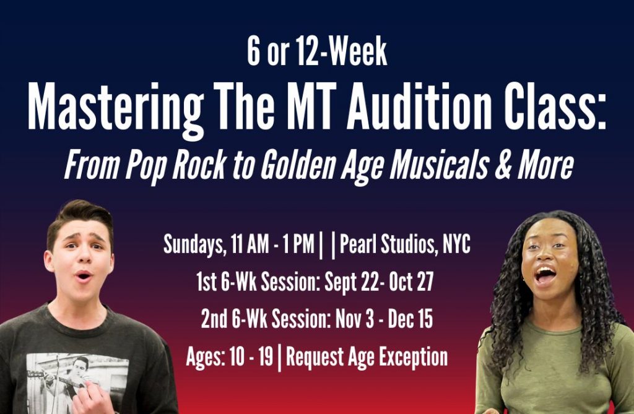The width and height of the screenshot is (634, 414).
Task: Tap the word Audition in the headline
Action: [x=419, y=106]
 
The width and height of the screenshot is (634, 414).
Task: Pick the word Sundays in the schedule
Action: [x=193, y=244]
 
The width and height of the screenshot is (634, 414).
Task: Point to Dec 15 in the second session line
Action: [x=410, y=319]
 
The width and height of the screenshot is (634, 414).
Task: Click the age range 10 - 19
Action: [x=251, y=357]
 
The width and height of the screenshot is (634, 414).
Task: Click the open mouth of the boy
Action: [x=84, y=277]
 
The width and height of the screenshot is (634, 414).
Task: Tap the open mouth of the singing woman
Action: [x=545, y=275]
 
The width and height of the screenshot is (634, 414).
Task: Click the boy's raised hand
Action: [x=92, y=398]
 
